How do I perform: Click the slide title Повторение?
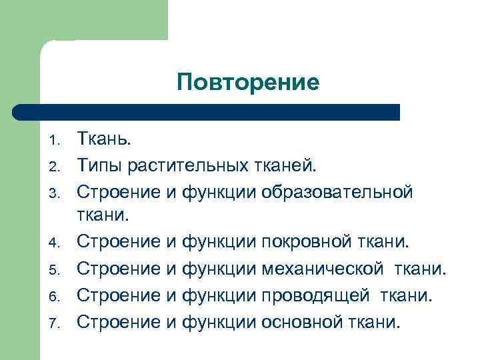click(x=248, y=83)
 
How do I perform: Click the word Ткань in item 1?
click(x=103, y=139)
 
